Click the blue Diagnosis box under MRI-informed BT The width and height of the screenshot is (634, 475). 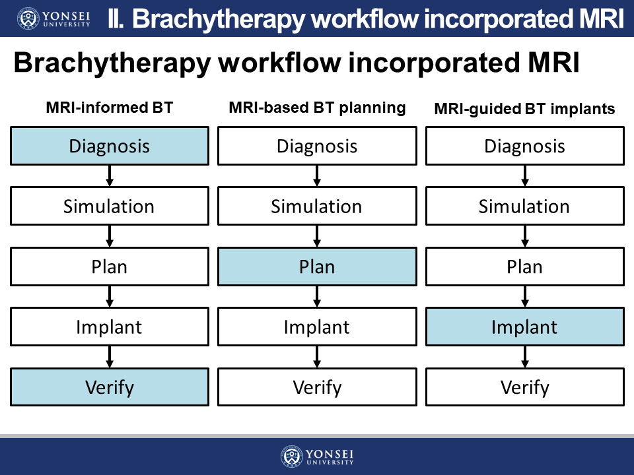click(110, 146)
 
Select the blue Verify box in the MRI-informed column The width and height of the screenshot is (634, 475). click(110, 387)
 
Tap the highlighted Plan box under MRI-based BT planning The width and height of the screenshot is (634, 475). click(318, 267)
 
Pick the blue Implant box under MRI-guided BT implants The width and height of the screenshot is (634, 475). click(525, 327)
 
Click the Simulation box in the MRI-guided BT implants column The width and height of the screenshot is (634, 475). click(525, 206)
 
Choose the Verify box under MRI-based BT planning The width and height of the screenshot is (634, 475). click(318, 387)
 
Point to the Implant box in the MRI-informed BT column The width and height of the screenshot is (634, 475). click(110, 327)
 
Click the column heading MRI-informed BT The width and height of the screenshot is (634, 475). click(110, 108)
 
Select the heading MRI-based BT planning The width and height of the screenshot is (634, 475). click(318, 108)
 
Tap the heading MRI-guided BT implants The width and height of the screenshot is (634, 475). click(524, 109)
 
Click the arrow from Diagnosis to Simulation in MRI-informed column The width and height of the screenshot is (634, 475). click(110, 175)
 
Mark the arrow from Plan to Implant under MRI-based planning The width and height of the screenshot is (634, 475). click(318, 296)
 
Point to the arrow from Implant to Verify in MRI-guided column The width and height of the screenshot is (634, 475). click(525, 357)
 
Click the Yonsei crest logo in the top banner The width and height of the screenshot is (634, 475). click(28, 18)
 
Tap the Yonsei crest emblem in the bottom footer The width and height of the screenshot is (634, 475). click(291, 457)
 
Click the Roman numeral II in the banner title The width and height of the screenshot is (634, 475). click(116, 19)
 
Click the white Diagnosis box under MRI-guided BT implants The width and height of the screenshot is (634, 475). click(525, 146)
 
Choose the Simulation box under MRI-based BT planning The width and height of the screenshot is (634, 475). click(318, 206)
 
